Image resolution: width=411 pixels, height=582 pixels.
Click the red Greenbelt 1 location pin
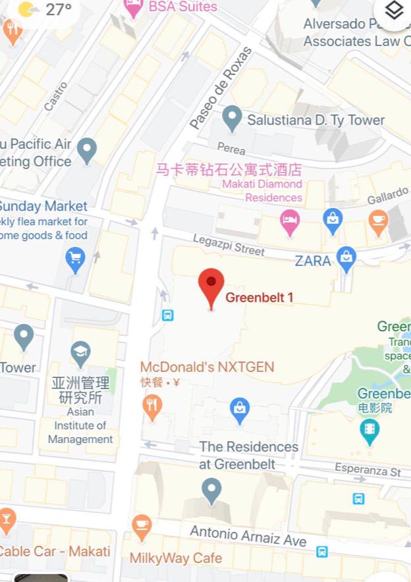(x=211, y=284)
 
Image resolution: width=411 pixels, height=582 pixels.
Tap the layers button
(x=394, y=11)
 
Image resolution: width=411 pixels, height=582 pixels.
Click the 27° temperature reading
(x=58, y=9)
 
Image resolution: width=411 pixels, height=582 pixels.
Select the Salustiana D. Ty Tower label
(x=315, y=120)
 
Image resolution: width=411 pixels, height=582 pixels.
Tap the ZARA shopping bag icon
(x=346, y=259)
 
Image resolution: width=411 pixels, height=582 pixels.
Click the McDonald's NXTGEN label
(x=207, y=367)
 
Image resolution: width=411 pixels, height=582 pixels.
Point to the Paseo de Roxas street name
(x=221, y=88)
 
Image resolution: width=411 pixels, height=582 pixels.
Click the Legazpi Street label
(x=229, y=246)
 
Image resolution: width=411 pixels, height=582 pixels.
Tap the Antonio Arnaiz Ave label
(x=248, y=535)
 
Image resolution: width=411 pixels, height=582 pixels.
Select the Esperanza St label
(x=368, y=471)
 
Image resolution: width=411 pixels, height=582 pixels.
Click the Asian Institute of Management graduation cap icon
(x=80, y=351)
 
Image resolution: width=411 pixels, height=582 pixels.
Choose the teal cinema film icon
(x=370, y=431)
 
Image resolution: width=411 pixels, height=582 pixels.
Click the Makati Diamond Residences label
(x=262, y=190)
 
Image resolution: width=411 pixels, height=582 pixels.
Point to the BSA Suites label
(x=182, y=7)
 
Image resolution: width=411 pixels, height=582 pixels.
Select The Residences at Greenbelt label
(x=249, y=455)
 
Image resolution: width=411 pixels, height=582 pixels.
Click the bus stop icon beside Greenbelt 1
(x=168, y=315)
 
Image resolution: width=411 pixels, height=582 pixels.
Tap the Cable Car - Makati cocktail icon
(x=7, y=520)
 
